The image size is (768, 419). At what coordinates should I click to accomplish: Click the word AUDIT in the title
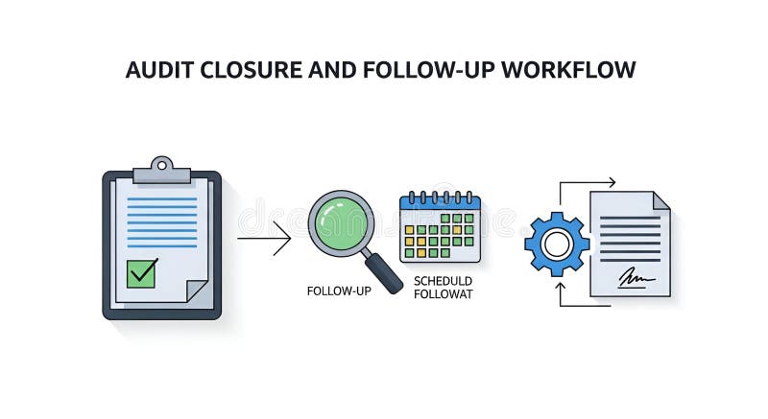click(x=156, y=71)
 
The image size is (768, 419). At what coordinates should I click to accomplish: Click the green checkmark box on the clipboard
click(x=142, y=273)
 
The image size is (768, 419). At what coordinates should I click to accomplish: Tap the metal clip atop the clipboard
click(x=161, y=170)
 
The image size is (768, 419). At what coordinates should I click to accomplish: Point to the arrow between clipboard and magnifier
click(x=264, y=238)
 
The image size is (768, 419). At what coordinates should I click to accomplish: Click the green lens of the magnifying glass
click(x=341, y=223)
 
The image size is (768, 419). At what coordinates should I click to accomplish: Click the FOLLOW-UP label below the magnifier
click(x=339, y=291)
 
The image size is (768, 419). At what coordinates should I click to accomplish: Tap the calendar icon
click(x=440, y=228)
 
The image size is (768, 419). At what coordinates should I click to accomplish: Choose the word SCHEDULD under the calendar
click(x=443, y=281)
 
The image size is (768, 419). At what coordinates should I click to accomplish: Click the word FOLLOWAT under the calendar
click(x=443, y=294)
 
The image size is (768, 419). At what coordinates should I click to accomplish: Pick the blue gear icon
click(x=557, y=244)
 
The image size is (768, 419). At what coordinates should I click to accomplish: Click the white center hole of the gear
click(x=557, y=244)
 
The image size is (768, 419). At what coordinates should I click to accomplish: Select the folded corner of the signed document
click(x=660, y=200)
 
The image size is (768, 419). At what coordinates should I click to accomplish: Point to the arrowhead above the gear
click(x=611, y=181)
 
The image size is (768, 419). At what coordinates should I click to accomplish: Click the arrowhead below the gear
click(x=561, y=286)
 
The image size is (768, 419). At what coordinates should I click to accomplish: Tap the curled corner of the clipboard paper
click(x=197, y=290)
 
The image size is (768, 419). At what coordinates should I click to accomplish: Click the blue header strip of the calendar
click(x=440, y=201)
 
